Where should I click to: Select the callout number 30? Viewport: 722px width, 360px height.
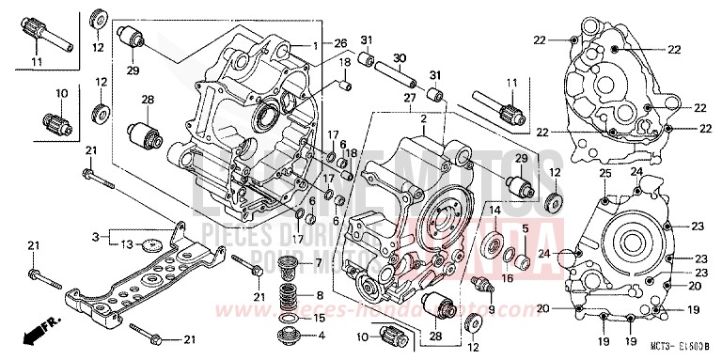tap(399, 57)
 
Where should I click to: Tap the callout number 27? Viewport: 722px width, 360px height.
tap(408, 97)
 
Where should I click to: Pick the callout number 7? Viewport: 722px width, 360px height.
tap(318, 261)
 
